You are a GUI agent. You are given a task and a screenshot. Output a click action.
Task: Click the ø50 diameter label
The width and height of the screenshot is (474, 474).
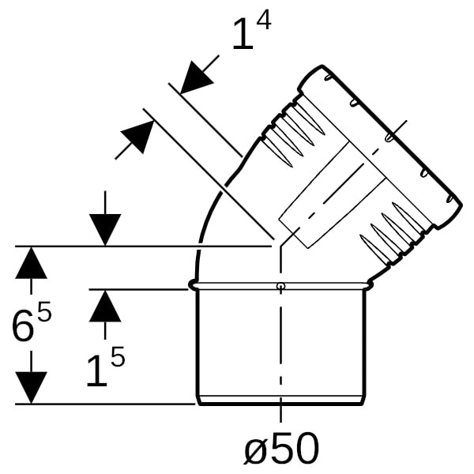(x=281, y=448)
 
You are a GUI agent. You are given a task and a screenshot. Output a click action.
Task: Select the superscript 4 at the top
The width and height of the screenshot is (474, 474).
(x=263, y=19)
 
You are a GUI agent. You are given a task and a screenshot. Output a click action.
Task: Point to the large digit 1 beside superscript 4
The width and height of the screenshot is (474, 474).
(x=244, y=33)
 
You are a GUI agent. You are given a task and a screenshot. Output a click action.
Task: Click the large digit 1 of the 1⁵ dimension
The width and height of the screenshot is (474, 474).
(x=97, y=371)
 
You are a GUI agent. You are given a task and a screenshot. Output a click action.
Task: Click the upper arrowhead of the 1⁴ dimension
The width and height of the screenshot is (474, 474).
(x=197, y=77)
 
